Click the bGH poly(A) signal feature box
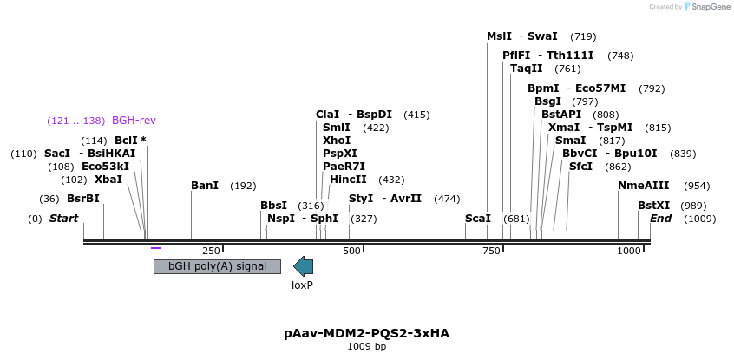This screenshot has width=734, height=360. (x=217, y=266)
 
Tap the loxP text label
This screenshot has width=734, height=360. (x=302, y=285)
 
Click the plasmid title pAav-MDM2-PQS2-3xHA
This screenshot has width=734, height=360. (x=366, y=333)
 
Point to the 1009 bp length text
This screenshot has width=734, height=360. (x=366, y=347)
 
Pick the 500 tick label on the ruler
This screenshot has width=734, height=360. (x=351, y=251)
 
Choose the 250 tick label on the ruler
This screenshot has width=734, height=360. (x=212, y=251)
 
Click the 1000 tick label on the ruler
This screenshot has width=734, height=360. (x=628, y=251)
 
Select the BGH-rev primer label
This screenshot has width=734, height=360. (x=134, y=121)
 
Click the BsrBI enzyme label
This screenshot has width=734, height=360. (x=83, y=199)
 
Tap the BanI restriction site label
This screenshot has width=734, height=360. (x=205, y=186)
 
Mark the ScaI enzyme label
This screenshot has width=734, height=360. (x=478, y=219)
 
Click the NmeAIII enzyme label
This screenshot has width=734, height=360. (x=644, y=186)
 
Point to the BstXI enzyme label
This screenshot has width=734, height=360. (x=654, y=206)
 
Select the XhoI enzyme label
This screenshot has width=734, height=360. (x=337, y=140)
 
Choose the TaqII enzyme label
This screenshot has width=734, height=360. (x=527, y=69)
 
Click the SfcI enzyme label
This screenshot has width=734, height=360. (x=580, y=166)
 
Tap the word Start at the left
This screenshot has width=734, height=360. (x=63, y=219)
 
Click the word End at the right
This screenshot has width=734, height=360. (x=660, y=219)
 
